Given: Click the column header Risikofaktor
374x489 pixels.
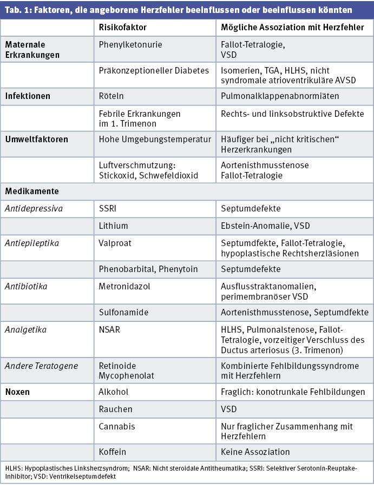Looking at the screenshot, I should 122,27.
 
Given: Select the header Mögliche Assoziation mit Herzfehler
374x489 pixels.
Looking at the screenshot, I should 292,27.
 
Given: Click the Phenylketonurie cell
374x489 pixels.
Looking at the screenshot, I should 130,45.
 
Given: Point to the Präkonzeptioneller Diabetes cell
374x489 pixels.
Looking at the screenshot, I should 154,70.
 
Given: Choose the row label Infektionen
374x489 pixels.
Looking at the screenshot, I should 28,96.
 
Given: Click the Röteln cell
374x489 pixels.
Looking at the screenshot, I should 111,96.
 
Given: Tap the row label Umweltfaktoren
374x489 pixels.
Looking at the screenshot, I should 36,139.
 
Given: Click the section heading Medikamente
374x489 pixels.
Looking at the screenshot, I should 32,191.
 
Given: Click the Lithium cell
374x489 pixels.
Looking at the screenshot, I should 113,226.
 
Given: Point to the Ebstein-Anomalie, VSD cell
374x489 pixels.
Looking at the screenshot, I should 265,226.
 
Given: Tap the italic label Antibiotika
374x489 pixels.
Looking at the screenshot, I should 26,286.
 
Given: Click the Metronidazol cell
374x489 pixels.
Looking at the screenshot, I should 124,286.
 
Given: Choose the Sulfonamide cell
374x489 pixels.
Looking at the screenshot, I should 123,312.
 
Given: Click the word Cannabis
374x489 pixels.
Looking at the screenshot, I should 117,426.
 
